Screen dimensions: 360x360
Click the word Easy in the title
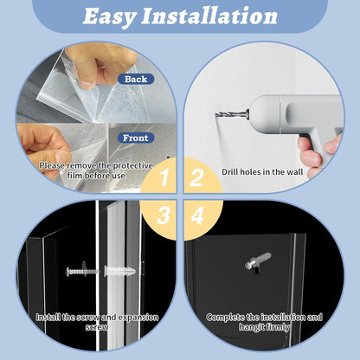click(x=109, y=16)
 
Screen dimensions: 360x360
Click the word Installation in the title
click(x=209, y=16)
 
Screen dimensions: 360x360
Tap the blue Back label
click(x=136, y=79)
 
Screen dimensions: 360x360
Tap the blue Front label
click(x=136, y=138)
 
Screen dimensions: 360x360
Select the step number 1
click(x=164, y=177)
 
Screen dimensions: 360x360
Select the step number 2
click(x=196, y=177)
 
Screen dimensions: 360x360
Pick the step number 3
click(x=164, y=215)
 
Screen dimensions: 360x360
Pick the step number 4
click(x=197, y=215)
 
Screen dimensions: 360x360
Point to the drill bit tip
click(x=216, y=114)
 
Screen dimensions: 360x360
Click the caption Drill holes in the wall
click(x=262, y=172)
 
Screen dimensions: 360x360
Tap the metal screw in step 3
click(x=82, y=271)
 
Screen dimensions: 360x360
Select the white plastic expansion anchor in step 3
click(x=119, y=271)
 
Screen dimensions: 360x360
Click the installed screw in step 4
click(x=257, y=261)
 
